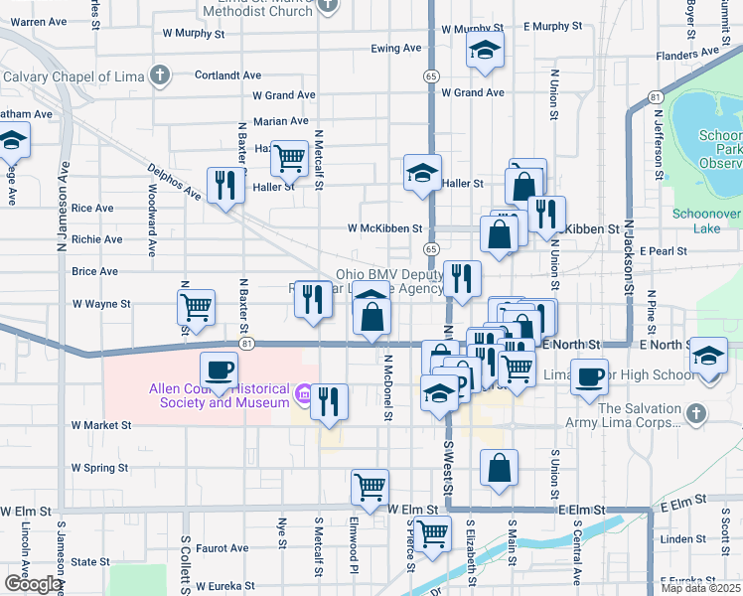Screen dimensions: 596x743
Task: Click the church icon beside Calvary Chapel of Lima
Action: tap(159, 75)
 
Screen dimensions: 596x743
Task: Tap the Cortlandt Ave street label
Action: tap(227, 74)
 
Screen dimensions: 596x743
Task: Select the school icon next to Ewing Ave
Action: tap(485, 51)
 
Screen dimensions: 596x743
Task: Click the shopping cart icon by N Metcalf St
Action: tap(289, 157)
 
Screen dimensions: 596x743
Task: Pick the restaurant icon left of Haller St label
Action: tap(226, 185)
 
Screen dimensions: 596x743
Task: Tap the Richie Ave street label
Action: tap(97, 239)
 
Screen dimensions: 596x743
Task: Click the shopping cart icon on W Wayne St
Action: tap(197, 306)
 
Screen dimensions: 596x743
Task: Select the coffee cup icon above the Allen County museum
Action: tap(220, 370)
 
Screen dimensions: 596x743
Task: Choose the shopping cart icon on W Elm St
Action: tap(370, 488)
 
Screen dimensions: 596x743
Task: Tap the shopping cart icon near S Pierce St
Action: tap(432, 534)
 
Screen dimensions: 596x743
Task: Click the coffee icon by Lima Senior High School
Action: tap(590, 377)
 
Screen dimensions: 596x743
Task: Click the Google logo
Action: tap(33, 584)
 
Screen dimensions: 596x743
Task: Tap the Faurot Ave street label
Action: tap(223, 547)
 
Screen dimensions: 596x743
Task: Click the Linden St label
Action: tap(681, 539)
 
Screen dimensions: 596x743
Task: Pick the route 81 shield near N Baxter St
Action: tap(245, 344)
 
